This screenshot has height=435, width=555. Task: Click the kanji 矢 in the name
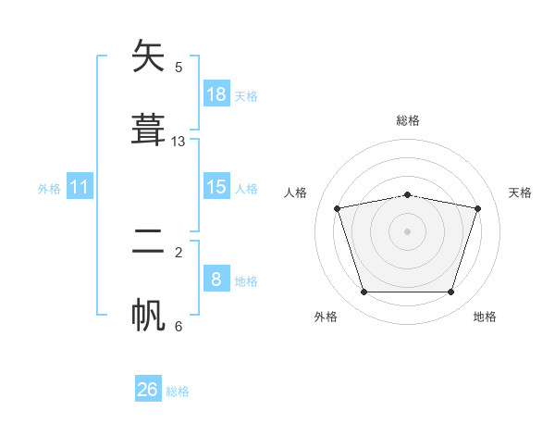coord(148,56)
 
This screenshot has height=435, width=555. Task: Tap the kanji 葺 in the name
coord(148,130)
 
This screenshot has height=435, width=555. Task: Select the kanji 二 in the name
coord(148,241)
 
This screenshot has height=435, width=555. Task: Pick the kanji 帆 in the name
coord(148,315)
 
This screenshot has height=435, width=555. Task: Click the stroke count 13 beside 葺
coord(178,142)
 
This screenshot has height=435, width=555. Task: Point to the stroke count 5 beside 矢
coord(179,68)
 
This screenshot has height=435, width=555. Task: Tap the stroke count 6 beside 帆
coord(179,326)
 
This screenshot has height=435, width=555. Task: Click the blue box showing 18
coord(216,93)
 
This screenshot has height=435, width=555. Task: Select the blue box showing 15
coord(216,186)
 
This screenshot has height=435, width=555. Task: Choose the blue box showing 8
coord(216,278)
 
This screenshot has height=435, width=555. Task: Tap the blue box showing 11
coord(80,186)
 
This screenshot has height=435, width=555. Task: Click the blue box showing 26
coord(148,388)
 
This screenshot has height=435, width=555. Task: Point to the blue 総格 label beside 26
coord(178,391)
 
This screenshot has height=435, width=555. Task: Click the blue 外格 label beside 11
coord(49,189)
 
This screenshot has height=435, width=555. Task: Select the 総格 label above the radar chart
coord(408,120)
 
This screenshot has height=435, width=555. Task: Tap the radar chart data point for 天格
coord(477,208)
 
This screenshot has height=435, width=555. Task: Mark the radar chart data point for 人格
coord(338,208)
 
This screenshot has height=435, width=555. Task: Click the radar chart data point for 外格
coord(364,292)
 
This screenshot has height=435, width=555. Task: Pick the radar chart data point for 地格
coord(450,292)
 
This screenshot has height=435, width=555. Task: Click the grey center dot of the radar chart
coord(407,231)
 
